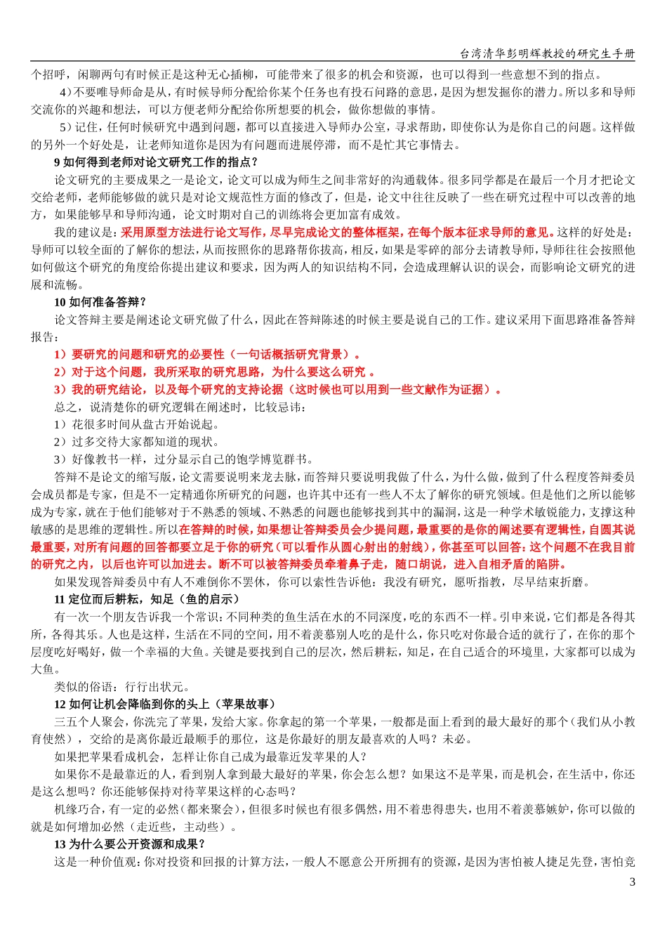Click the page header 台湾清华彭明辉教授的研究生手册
tap(547, 54)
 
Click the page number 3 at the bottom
tap(632, 881)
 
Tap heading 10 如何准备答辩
tap(100, 302)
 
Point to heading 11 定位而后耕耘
tap(147, 599)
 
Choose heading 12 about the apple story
tap(165, 704)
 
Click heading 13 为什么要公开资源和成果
tap(130, 844)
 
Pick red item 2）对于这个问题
tap(214, 372)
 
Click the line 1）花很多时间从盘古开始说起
tap(137, 424)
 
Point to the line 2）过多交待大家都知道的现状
tap(137, 442)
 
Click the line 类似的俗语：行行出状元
tap(122, 686)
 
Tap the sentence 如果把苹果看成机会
tap(211, 756)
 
